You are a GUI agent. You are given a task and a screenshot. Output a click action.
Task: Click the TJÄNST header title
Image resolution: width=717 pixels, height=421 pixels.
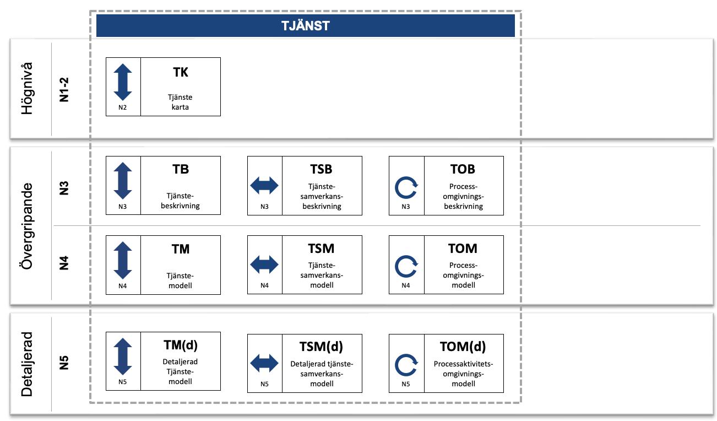click(306, 26)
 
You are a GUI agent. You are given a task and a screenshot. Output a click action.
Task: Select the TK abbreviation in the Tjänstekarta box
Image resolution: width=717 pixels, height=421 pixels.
click(181, 72)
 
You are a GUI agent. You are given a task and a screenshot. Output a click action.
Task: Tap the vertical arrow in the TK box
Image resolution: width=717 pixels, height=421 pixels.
click(123, 82)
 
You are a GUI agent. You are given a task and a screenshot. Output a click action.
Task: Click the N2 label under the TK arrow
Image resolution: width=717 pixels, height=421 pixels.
click(123, 107)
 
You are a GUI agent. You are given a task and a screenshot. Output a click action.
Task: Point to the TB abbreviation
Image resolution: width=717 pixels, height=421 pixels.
click(181, 169)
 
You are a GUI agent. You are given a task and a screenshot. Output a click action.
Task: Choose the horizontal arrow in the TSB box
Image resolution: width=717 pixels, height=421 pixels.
click(264, 186)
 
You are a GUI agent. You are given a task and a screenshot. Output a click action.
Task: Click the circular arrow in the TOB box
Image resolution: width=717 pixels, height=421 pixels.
click(406, 188)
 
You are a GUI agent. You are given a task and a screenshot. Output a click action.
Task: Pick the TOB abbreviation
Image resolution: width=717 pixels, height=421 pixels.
click(463, 169)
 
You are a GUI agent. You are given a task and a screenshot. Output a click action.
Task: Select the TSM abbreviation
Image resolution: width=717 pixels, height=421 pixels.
click(321, 249)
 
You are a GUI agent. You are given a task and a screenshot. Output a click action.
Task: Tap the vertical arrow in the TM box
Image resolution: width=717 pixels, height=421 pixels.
click(123, 260)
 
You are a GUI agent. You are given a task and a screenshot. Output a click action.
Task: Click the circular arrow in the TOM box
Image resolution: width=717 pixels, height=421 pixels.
click(406, 267)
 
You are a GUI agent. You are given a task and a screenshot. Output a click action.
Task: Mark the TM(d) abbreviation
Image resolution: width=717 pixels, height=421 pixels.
click(181, 345)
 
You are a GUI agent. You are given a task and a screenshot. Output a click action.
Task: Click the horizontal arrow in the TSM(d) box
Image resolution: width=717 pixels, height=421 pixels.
click(264, 363)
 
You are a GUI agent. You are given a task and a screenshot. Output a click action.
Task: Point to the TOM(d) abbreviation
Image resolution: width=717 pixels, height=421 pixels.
click(463, 347)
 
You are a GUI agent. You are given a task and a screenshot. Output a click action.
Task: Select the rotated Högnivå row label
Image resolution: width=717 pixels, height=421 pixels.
click(27, 88)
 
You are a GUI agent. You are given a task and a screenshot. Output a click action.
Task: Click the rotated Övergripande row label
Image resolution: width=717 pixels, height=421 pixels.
click(27, 226)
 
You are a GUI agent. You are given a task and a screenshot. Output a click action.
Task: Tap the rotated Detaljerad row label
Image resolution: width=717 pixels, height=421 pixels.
click(27, 364)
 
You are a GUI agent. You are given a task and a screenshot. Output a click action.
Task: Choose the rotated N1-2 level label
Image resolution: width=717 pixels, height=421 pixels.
click(64, 90)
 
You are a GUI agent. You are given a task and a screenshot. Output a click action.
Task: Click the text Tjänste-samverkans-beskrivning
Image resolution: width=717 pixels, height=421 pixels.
click(322, 196)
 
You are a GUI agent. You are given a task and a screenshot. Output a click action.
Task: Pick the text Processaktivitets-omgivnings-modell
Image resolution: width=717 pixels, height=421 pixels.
click(463, 374)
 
